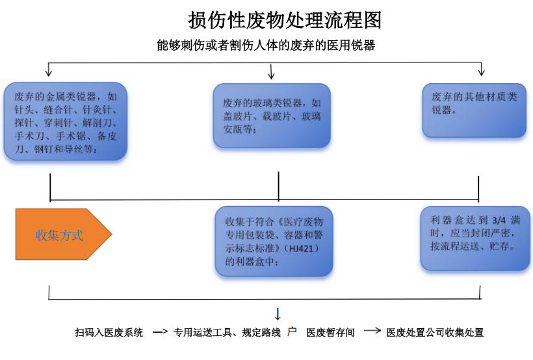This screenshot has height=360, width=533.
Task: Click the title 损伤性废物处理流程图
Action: click(285, 20)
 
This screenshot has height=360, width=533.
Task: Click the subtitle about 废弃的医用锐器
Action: click(266, 45)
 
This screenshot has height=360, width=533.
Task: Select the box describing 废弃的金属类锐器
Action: click(65, 121)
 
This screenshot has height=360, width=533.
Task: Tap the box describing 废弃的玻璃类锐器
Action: click(272, 116)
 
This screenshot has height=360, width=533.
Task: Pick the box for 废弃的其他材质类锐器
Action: click(474, 109)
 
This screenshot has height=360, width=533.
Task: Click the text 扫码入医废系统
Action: click(109, 333)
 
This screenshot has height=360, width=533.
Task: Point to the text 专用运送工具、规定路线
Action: click(227, 333)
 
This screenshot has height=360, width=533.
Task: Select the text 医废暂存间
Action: click(331, 333)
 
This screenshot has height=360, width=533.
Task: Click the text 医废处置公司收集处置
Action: click(435, 333)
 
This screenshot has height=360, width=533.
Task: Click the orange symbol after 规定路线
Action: click(292, 331)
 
